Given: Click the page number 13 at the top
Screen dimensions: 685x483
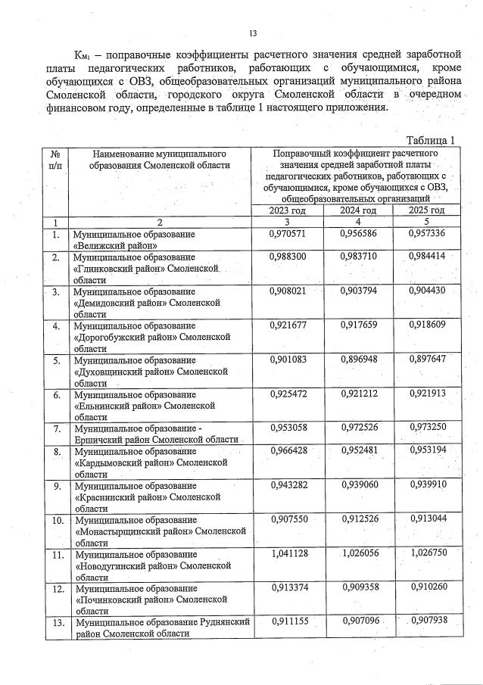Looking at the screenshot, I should [253, 33].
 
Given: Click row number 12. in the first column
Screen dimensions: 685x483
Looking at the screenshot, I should [56, 588].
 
